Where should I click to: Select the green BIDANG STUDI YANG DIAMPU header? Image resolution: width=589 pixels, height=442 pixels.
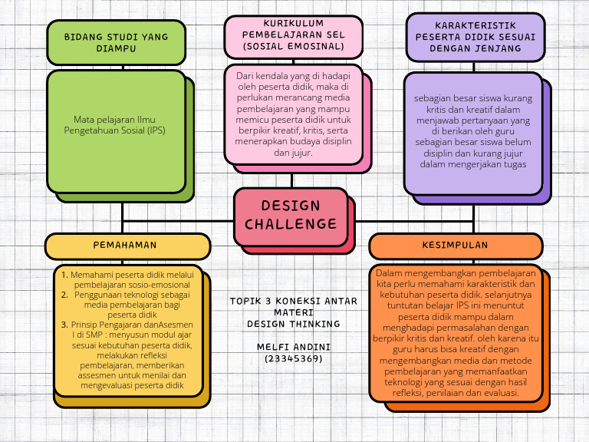point(116,42)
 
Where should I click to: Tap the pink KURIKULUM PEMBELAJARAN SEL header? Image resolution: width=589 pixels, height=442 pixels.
point(294,35)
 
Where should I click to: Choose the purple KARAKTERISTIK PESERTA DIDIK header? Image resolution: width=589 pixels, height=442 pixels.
point(475,36)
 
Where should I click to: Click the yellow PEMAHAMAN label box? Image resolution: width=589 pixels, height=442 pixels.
point(127,246)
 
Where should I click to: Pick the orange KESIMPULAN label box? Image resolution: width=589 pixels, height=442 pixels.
point(455,246)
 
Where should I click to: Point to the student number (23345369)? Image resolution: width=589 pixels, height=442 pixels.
point(294,358)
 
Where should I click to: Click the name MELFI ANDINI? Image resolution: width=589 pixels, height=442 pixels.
point(294,347)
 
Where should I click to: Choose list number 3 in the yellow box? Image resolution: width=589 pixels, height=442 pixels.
point(64,325)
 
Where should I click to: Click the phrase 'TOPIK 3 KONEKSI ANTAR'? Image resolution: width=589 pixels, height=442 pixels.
point(294,301)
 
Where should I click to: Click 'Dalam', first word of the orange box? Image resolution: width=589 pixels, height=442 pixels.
point(389,272)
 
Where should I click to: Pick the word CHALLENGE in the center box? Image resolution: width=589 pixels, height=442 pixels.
point(291,224)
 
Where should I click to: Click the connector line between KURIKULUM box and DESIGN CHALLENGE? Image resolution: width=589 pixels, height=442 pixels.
point(291,180)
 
